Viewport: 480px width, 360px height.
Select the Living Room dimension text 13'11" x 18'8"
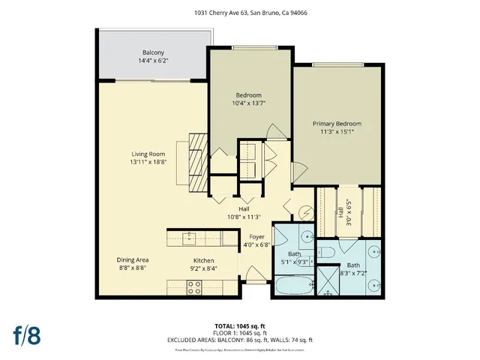click(147, 161)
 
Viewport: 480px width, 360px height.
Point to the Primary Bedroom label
click(337, 124)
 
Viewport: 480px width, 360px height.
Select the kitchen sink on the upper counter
click(190, 238)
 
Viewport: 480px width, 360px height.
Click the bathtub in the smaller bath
click(286, 287)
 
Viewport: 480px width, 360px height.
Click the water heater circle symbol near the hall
click(307, 212)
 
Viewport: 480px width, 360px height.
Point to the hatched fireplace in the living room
click(196, 163)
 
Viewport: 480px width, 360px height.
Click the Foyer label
click(256, 236)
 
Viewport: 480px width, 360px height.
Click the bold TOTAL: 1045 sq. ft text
click(240, 325)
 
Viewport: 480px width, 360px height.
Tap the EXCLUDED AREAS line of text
click(240, 340)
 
